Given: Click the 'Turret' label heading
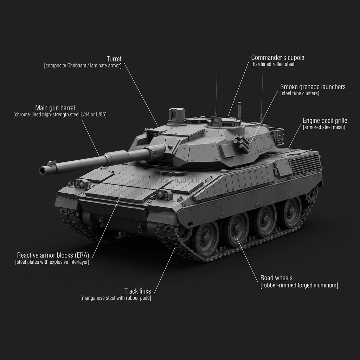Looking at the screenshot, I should [114, 59].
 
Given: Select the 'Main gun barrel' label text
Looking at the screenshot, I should [55, 108].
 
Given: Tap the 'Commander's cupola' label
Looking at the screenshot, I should [278, 57].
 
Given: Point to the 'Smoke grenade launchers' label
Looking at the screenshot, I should [313, 86].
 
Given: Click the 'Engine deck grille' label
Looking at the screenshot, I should [325, 121].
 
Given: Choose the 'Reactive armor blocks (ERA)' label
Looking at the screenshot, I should [53, 255].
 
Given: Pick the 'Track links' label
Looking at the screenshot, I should [137, 291].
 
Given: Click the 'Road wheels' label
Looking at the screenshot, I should [276, 278].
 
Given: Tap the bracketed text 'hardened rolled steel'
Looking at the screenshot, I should [273, 64].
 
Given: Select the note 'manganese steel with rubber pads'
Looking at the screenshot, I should [116, 298].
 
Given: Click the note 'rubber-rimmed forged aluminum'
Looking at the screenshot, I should [299, 285].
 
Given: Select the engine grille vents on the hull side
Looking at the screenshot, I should [305, 165].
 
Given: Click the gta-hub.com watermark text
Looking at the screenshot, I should [180, 180].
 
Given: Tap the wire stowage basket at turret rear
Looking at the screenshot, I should [278, 137].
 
